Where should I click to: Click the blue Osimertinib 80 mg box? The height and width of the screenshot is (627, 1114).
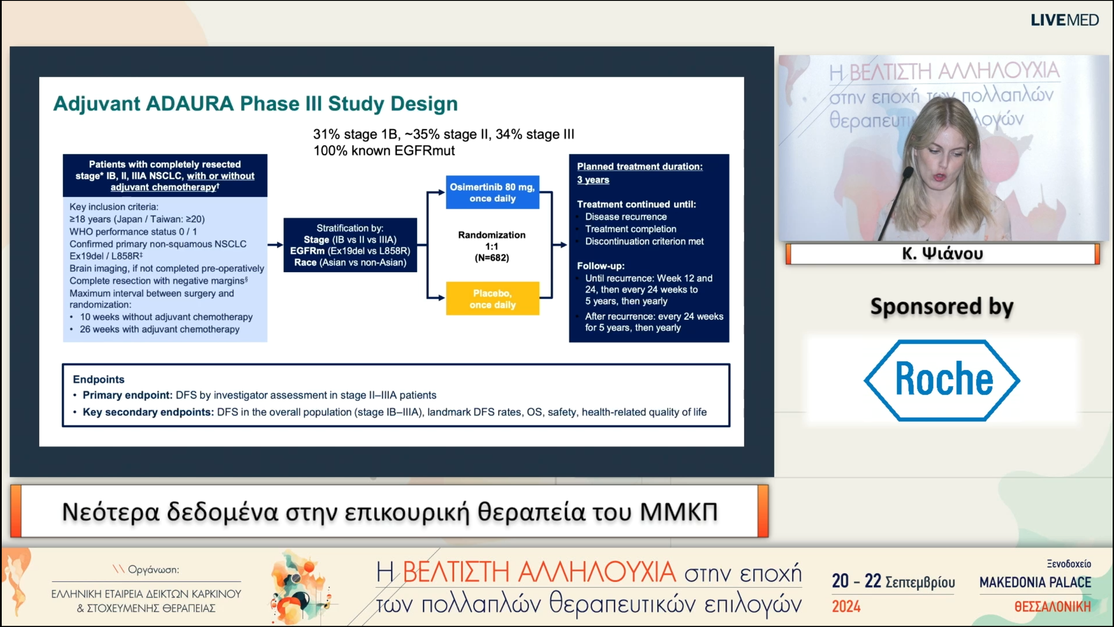493,192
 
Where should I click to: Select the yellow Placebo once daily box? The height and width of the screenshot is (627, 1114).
493,299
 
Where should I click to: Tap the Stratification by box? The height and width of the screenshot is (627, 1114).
350,245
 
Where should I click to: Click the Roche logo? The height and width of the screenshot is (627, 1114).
942,381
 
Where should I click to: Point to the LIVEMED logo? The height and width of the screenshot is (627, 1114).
1065,20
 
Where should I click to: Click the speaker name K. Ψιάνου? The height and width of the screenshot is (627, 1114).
943,253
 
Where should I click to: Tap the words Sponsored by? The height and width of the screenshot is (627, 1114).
942,307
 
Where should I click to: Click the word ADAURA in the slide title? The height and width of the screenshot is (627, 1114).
190,104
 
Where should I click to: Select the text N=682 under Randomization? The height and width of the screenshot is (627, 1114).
492,258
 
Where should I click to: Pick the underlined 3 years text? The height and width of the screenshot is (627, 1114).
593,180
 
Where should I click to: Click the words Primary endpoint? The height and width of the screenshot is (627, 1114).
128,395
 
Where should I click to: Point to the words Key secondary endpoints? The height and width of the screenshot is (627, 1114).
148,412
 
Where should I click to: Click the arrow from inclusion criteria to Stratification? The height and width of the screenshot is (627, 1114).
275,245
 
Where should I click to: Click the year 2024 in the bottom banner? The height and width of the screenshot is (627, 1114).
846,607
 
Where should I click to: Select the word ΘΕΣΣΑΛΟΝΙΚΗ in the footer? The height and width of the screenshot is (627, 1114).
1053,607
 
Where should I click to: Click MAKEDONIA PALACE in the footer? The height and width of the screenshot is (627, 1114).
1035,583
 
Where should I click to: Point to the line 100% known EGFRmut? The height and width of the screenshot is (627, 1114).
384,151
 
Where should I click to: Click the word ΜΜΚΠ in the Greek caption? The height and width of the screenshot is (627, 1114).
679,512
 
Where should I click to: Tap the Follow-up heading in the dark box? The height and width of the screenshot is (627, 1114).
601,266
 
